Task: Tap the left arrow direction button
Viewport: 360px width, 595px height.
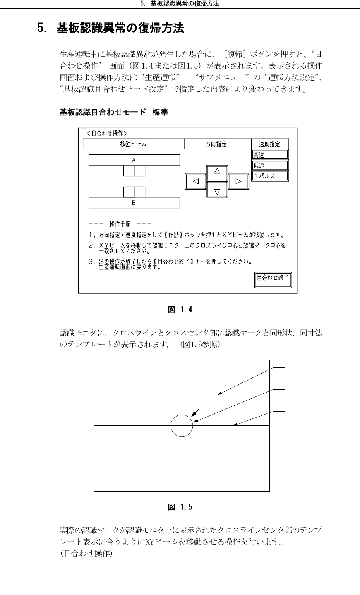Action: coord(196,181)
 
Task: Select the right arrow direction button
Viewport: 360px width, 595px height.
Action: coord(238,181)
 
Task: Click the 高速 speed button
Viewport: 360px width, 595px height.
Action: coord(270,155)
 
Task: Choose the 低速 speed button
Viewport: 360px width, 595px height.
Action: coord(270,165)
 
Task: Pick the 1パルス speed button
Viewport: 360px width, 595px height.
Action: coord(270,176)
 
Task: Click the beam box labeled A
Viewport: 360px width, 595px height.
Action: coord(134,160)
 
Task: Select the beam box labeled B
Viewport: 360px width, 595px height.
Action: coord(134,202)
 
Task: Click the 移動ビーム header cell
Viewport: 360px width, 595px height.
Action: coord(134,144)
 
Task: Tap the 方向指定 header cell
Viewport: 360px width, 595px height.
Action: coord(217,144)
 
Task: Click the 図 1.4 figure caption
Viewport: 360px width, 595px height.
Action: coord(180,310)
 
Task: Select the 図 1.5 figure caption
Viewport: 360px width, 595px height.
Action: coord(180,507)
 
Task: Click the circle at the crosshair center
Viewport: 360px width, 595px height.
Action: coord(182,425)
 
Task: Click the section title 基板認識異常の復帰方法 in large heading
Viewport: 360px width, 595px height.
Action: coord(120,28)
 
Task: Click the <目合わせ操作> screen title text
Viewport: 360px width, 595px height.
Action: coord(107,133)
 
